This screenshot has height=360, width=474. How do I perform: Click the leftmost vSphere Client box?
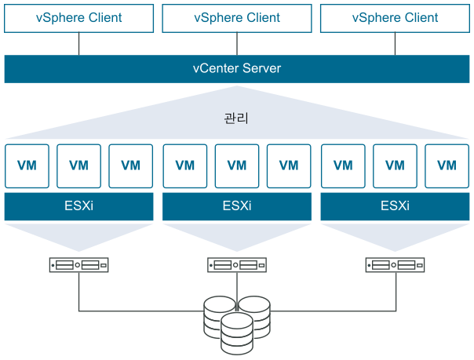click(78, 17)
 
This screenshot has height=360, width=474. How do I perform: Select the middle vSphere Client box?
click(236, 17)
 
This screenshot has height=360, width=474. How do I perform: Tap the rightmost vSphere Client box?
click(395, 17)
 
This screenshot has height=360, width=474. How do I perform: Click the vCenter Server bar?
click(236, 69)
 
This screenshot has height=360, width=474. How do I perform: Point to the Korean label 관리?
click(236, 119)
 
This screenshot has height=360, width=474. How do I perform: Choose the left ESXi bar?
click(78, 207)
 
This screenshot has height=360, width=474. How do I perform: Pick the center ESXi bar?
click(236, 207)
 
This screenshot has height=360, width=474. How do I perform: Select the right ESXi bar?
click(395, 207)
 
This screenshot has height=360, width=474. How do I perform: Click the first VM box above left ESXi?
click(27, 165)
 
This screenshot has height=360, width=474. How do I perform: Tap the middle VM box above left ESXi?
click(78, 165)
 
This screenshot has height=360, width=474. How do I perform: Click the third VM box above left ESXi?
click(131, 165)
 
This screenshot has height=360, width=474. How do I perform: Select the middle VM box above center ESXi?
click(236, 165)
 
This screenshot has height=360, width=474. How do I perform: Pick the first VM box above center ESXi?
click(184, 165)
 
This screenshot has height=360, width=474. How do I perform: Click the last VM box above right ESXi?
click(447, 165)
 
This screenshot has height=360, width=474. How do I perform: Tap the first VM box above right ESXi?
click(343, 165)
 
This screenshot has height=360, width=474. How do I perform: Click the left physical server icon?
click(78, 265)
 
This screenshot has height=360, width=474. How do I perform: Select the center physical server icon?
click(236, 265)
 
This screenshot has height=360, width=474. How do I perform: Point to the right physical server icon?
click(395, 265)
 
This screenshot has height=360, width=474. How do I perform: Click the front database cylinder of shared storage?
click(236, 333)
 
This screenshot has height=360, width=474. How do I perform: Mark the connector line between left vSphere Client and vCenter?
click(78, 44)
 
